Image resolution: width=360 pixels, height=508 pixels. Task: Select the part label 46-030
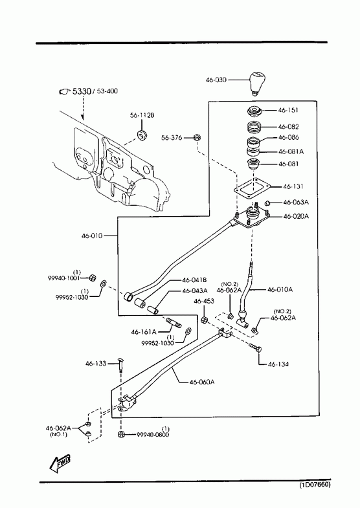(x=216, y=80)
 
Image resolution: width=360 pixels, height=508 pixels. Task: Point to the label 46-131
(x=293, y=186)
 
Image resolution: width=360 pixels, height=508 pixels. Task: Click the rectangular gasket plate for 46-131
(x=252, y=189)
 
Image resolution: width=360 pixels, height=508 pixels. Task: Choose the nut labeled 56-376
(x=196, y=138)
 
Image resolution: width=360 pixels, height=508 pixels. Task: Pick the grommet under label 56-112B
(x=142, y=134)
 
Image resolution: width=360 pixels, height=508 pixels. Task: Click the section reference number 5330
(x=82, y=91)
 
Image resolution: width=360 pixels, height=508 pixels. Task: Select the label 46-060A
(x=202, y=382)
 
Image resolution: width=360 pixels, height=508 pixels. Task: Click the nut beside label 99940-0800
(x=121, y=434)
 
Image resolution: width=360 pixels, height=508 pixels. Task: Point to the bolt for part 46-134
(x=255, y=348)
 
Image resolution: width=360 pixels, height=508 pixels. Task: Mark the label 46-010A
(x=280, y=290)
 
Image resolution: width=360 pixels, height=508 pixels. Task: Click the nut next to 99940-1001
(x=93, y=278)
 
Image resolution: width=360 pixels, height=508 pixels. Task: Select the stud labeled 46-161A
(x=174, y=323)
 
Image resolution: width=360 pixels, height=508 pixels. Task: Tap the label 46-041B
(x=194, y=280)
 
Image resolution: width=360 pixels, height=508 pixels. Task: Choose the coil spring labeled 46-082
(x=254, y=127)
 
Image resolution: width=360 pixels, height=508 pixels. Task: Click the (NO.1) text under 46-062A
(x=58, y=435)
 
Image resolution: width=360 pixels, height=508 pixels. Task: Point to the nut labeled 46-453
(x=204, y=320)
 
